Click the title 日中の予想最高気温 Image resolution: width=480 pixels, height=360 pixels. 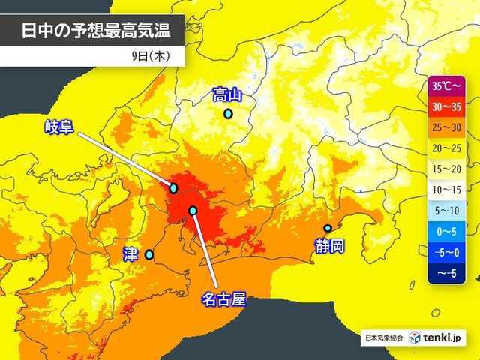92,31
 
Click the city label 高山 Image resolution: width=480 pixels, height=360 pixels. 228,94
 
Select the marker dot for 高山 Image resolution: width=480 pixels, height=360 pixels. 228,114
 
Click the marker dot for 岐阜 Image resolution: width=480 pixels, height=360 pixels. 174,188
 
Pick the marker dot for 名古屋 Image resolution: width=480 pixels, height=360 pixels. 193,211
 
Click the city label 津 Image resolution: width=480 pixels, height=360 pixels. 129,255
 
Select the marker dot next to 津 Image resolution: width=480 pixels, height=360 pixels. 149,255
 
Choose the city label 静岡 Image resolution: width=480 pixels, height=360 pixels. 329,245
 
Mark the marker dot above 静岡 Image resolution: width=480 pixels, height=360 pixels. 328,228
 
